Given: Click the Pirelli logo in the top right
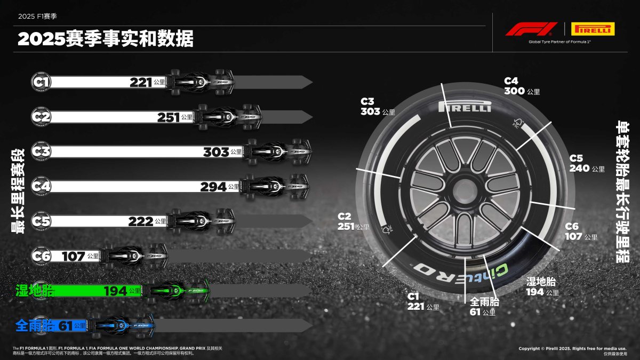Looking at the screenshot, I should (x=592, y=29).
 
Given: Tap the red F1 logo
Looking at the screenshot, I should (x=524, y=29).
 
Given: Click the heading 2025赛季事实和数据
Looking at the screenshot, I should (x=106, y=39).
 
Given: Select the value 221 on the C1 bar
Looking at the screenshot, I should (x=141, y=82).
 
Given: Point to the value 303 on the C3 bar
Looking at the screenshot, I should (x=216, y=152).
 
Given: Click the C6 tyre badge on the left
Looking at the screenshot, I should (x=41, y=256).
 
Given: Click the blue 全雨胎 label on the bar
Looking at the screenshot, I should (x=35, y=325).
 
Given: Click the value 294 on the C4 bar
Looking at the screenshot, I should (x=213, y=187).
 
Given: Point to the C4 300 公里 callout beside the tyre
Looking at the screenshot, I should (x=522, y=86).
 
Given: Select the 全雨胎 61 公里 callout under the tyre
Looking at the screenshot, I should (x=484, y=307).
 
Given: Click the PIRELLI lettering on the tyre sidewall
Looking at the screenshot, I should (x=464, y=107).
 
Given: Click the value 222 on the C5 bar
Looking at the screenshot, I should (x=141, y=221).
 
